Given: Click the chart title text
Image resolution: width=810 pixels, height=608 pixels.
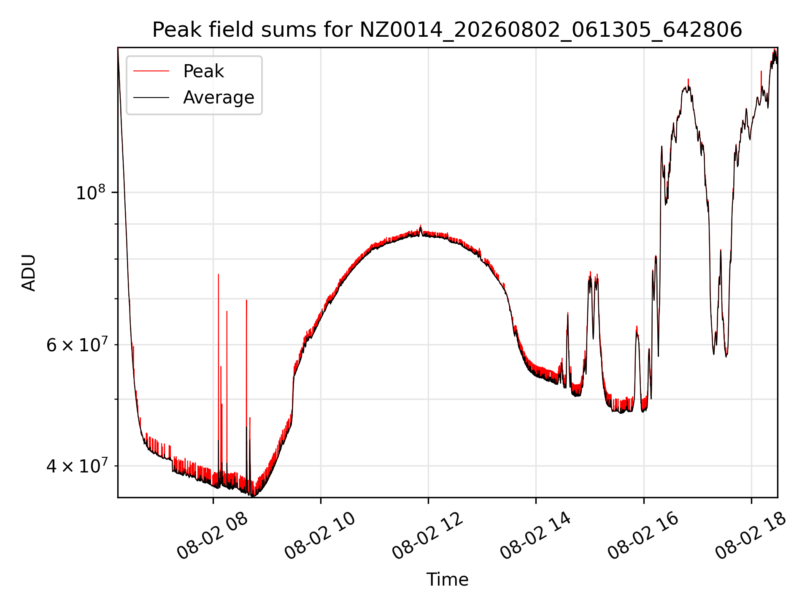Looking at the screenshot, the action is pyautogui.click(x=447, y=30).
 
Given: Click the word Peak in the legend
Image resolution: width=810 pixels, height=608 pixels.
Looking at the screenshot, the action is pyautogui.click(x=203, y=71).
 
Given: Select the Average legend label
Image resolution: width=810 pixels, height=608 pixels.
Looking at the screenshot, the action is pyautogui.click(x=219, y=98).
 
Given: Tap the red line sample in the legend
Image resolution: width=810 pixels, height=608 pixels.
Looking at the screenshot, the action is pyautogui.click(x=151, y=71).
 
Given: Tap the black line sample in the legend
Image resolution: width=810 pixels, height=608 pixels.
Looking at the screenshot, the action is pyautogui.click(x=151, y=98).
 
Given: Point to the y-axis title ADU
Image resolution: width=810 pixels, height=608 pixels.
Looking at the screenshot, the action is pyautogui.click(x=29, y=273).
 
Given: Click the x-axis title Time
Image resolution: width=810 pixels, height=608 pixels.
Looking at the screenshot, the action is pyautogui.click(x=447, y=580).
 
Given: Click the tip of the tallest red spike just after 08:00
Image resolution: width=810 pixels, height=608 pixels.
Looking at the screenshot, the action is pyautogui.click(x=218, y=274).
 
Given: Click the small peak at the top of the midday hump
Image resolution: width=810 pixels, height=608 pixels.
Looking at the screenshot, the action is pyautogui.click(x=420, y=225).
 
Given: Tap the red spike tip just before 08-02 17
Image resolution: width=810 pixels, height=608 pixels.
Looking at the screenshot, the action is pyautogui.click(x=688, y=79).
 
